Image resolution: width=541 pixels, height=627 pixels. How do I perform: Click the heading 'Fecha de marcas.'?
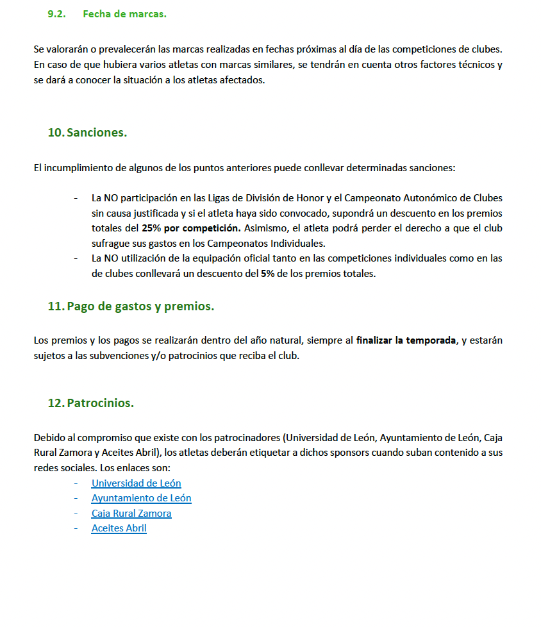click(x=124, y=14)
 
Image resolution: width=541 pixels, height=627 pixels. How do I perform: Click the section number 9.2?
click(x=57, y=14)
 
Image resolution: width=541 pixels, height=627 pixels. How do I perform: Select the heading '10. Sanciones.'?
click(x=87, y=133)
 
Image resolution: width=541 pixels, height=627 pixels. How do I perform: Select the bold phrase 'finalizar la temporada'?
click(x=406, y=340)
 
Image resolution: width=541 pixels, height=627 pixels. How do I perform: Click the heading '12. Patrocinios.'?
click(x=90, y=403)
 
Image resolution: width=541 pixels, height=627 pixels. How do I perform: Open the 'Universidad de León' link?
click(x=136, y=483)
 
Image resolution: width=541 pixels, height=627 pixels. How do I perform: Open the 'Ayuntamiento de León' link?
click(x=141, y=498)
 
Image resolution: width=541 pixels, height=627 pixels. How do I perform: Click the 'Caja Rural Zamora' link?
click(x=131, y=514)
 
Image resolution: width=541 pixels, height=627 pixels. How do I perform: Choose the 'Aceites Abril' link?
click(x=119, y=528)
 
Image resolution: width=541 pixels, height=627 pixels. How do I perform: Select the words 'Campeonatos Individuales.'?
click(x=272, y=243)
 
